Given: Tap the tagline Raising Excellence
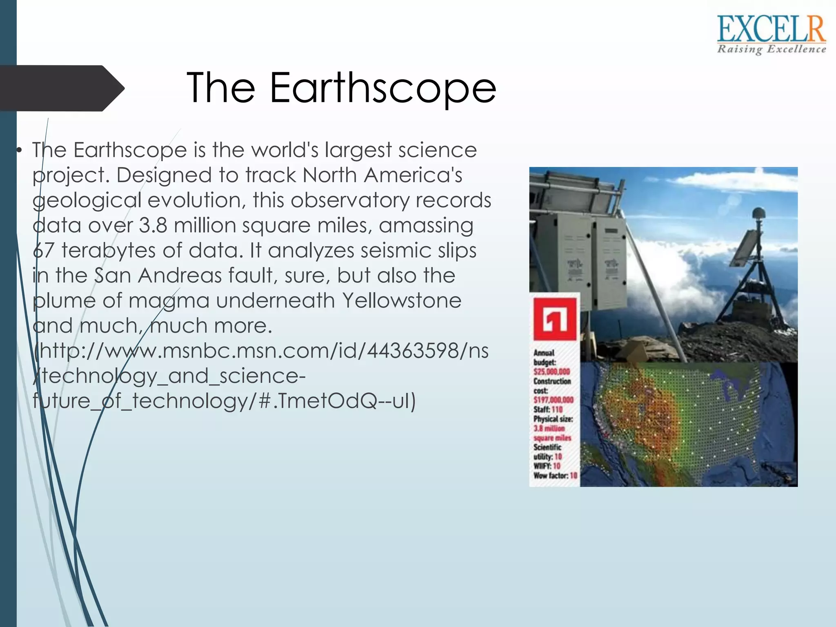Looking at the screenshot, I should click(771, 49).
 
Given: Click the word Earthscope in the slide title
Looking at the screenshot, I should click(382, 87).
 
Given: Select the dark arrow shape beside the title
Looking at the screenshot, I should click(61, 88).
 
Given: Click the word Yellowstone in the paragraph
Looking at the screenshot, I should click(402, 301).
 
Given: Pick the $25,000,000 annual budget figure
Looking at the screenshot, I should click(551, 372).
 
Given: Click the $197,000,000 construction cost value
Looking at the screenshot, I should click(553, 400).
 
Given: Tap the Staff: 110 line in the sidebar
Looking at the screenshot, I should click(548, 409).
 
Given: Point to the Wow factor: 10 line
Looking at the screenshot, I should click(555, 476).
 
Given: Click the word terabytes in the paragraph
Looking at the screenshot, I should click(109, 251).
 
